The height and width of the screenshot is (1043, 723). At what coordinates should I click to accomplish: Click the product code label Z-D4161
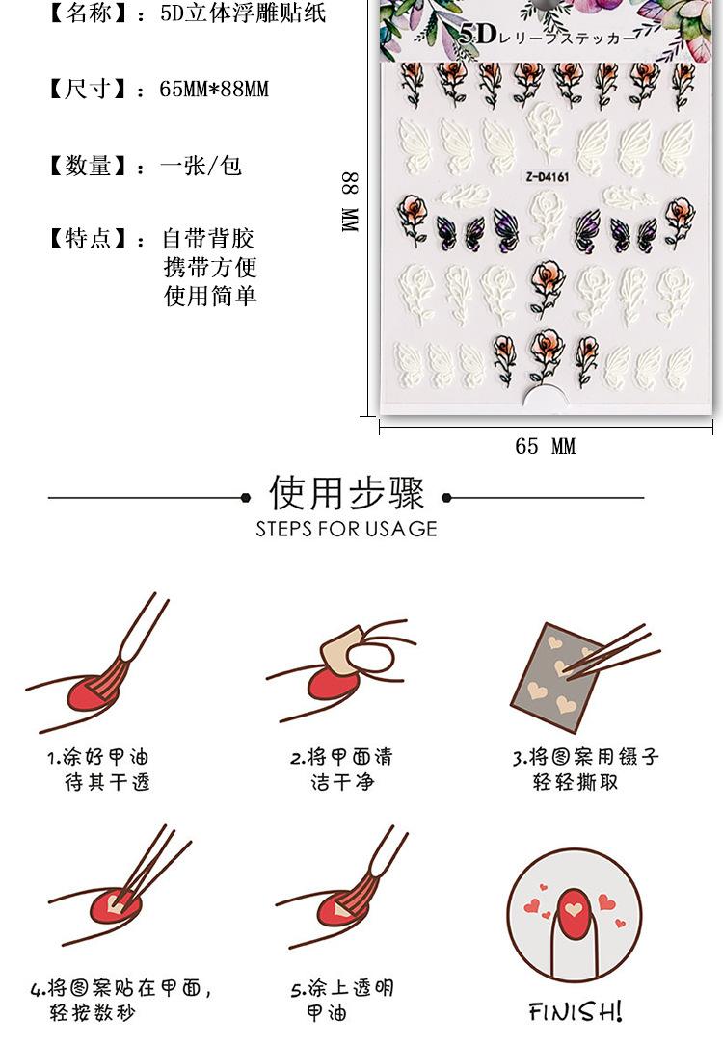[549, 177]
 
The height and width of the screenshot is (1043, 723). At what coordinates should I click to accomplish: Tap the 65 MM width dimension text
[545, 445]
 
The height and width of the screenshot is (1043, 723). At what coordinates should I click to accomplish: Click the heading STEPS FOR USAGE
[346, 529]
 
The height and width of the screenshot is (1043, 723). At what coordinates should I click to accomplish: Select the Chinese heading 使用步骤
[346, 493]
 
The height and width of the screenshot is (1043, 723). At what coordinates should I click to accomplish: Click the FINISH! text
[576, 1011]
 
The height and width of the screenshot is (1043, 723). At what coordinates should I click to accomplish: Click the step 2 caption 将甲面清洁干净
[341, 769]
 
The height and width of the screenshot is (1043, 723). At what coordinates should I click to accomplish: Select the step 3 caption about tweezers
[585, 769]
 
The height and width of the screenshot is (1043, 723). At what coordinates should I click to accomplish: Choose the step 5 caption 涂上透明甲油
[341, 1001]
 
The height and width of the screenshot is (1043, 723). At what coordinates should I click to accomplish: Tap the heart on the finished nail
[574, 908]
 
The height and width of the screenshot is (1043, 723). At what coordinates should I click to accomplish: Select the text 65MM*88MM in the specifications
[214, 90]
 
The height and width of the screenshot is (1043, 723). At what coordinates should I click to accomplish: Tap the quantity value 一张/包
[201, 167]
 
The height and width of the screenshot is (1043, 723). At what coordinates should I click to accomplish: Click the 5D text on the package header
[476, 36]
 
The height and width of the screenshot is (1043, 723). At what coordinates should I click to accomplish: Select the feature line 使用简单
[210, 296]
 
